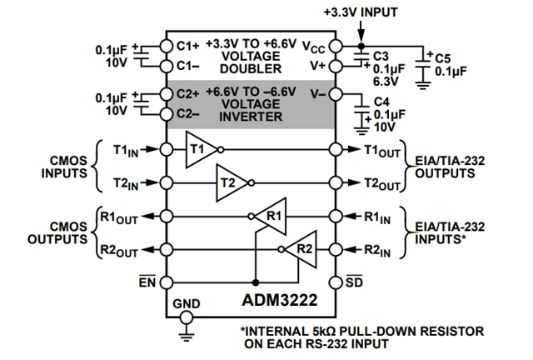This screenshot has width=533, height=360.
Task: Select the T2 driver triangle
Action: coord(232,182)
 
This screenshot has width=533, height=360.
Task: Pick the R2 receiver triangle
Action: coord(301,247)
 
